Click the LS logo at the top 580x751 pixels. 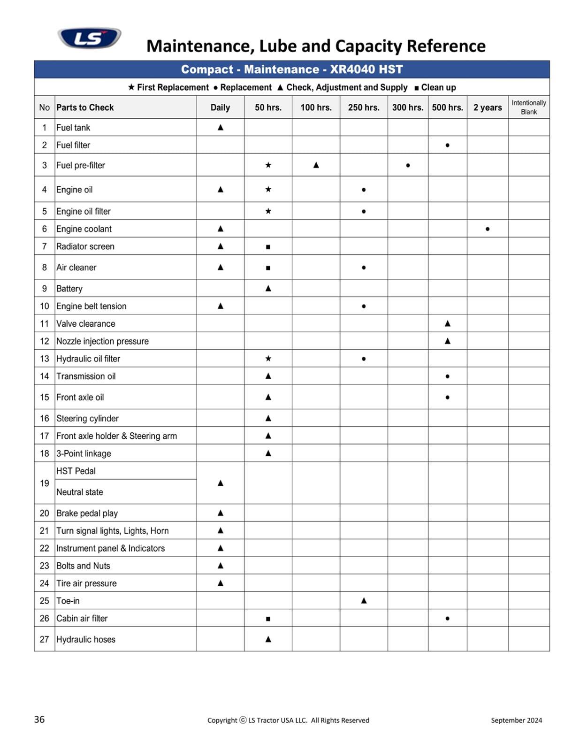pos(89,38)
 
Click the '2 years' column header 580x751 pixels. pos(487,107)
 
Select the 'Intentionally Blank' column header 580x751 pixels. pos(528,107)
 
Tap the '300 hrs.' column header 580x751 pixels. pos(407,107)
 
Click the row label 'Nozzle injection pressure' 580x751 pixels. pos(102,341)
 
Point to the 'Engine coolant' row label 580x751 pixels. pos(84,229)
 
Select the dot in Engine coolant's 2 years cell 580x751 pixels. pos(488,229)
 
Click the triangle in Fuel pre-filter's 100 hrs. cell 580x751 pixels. pos(316,165)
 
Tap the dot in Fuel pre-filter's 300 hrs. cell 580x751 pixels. pos(408,165)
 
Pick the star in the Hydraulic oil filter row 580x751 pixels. pos(268,359)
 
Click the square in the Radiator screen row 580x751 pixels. pos(268,247)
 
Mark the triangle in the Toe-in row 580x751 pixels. pos(364,600)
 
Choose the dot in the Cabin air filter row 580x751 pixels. pos(447,619)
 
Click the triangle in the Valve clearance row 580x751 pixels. pos(447,323)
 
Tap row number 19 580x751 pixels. pos(45,483)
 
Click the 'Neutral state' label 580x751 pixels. pos(80,492)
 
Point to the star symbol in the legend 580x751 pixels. pos(131,87)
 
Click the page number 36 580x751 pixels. pos(39,719)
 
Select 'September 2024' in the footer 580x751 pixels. pos(516,720)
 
